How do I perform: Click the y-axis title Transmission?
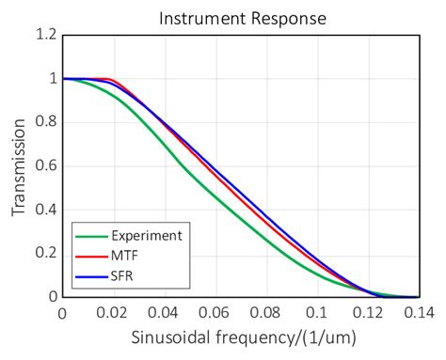19,165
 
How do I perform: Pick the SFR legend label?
122,276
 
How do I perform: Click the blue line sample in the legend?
91,276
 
